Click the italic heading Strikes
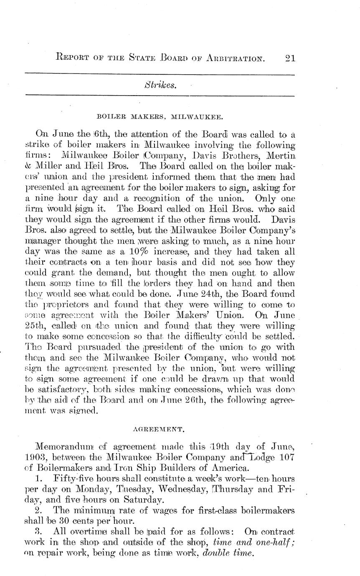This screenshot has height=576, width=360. (160, 85)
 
